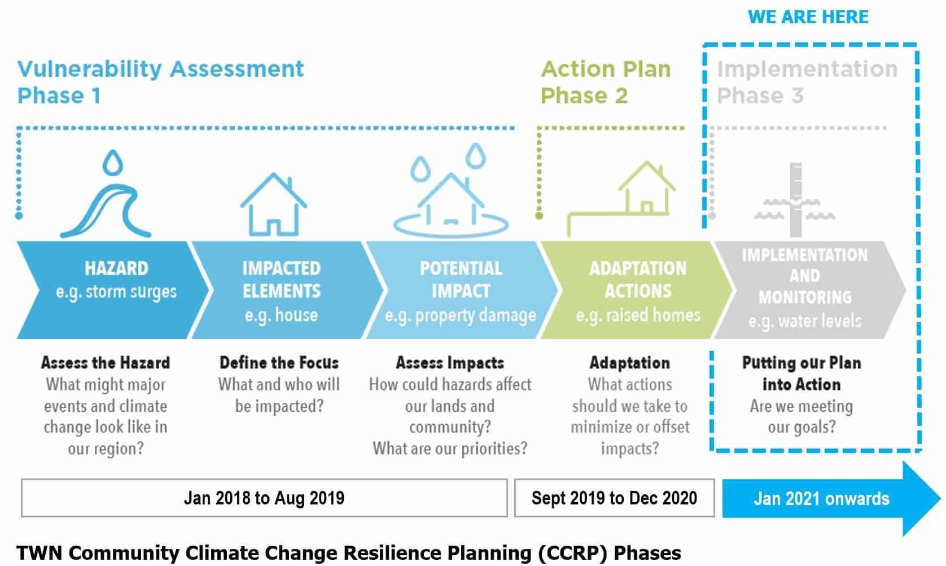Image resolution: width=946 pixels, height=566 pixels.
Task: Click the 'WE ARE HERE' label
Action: click(x=808, y=17)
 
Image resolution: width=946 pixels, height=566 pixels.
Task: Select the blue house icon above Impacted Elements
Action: click(x=274, y=204)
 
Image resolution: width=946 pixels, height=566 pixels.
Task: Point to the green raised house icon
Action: click(x=621, y=199)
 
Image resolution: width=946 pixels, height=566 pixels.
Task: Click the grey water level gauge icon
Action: click(x=796, y=199)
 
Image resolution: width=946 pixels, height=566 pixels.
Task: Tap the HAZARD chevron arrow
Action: click(x=112, y=290)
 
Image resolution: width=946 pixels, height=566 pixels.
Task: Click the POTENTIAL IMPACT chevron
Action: click(x=461, y=290)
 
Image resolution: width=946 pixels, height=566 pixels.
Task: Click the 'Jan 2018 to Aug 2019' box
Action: click(x=264, y=498)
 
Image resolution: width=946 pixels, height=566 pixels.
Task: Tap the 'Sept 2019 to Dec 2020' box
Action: click(x=615, y=498)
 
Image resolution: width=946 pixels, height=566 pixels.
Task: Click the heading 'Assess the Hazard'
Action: click(x=106, y=363)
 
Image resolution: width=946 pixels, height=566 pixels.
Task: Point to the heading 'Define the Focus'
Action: click(x=279, y=363)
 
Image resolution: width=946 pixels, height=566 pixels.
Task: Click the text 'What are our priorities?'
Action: click(x=450, y=449)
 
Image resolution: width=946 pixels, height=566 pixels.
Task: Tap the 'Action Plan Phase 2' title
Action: click(x=606, y=82)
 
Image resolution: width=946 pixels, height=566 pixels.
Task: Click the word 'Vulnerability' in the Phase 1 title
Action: click(x=90, y=69)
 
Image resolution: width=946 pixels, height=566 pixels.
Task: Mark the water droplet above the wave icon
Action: click(x=113, y=163)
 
